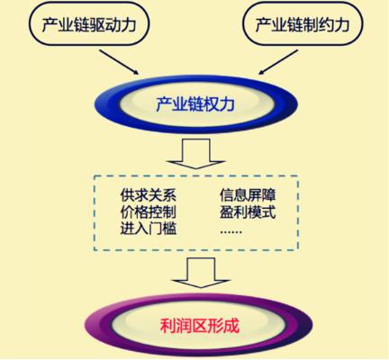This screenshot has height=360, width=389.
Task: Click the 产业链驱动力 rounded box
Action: [x=89, y=24]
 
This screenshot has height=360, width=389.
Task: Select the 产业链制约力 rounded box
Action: [x=303, y=24]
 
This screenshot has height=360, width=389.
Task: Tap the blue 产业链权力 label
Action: [x=195, y=104]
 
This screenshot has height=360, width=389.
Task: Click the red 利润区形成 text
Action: [x=200, y=326]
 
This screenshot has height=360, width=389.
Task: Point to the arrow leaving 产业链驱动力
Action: [x=119, y=62]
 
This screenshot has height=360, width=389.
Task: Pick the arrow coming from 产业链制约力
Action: [x=278, y=62]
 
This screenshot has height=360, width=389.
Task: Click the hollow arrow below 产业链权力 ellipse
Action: [x=195, y=154]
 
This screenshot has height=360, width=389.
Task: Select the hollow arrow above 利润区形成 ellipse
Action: [x=201, y=273]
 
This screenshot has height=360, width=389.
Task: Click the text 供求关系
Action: [x=148, y=195]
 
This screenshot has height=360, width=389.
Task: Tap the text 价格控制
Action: [x=148, y=212]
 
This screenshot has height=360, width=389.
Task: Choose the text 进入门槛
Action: [x=148, y=229]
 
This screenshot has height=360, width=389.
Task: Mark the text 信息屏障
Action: [x=248, y=195]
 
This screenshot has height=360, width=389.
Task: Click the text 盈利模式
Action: [x=248, y=212]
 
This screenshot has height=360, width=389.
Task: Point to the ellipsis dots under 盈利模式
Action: [x=231, y=232]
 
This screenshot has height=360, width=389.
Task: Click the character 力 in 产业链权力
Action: [x=227, y=104]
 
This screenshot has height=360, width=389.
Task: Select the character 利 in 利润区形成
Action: [x=167, y=326]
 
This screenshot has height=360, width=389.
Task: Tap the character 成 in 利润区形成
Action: [x=232, y=326]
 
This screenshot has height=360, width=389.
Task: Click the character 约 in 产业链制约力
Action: [x=326, y=24]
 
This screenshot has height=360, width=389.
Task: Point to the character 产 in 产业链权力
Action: [x=164, y=104]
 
